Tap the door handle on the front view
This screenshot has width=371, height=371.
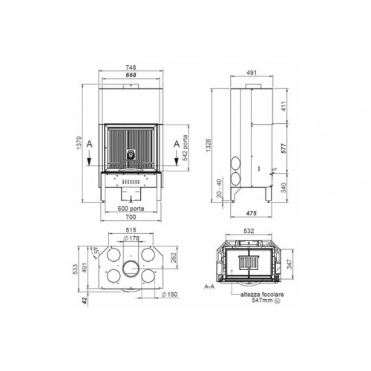(x=131, y=155)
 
